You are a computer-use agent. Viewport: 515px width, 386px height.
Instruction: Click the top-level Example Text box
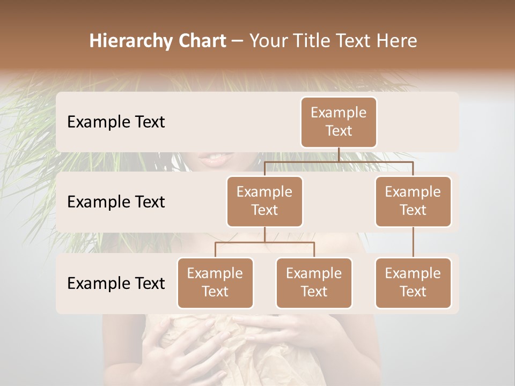click(x=339, y=122)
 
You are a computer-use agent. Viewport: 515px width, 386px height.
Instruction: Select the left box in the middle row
click(x=264, y=201)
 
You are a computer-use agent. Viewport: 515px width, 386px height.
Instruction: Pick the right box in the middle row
click(x=413, y=201)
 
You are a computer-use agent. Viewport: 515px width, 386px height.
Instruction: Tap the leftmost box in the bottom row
click(x=215, y=283)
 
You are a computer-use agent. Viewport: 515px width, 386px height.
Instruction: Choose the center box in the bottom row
click(x=314, y=283)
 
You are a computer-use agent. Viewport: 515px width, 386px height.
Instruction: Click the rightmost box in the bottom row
click(x=413, y=283)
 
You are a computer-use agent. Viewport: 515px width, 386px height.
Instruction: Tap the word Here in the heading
click(x=396, y=41)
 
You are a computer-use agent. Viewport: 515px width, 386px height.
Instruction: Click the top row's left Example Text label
click(x=116, y=122)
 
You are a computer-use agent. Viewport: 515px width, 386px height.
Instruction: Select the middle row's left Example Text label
click(x=116, y=202)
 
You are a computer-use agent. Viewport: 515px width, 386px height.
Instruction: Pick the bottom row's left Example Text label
click(x=116, y=283)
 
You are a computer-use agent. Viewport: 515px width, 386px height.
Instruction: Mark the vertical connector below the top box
click(x=339, y=154)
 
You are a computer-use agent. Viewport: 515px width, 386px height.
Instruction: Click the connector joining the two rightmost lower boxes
click(x=413, y=242)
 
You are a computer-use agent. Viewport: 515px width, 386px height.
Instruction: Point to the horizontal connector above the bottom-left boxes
click(x=264, y=242)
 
